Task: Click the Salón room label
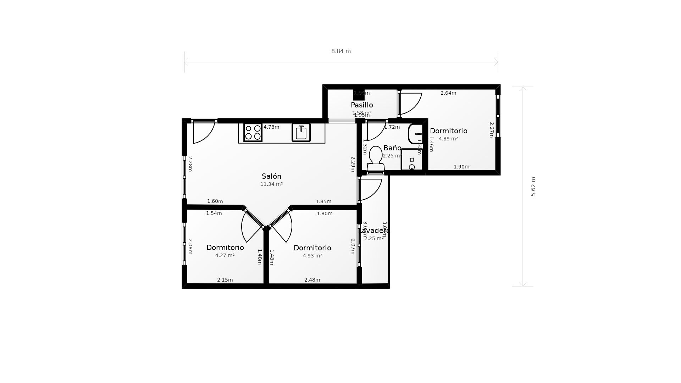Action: [x=271, y=176]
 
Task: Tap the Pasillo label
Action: [x=362, y=105]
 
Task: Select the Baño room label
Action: [x=392, y=148]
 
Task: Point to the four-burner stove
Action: [x=253, y=133]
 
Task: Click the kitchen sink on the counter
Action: [x=301, y=133]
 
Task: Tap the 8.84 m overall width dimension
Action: [x=341, y=51]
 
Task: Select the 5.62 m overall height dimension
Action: [x=533, y=187]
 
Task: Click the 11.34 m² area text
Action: [x=271, y=184]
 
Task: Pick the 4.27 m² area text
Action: [x=225, y=255]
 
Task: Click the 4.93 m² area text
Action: [x=312, y=256]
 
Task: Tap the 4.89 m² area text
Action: [x=448, y=139]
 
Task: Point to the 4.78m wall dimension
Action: [x=271, y=127]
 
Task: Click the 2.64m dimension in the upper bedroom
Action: [x=448, y=93]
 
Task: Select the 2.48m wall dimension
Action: [x=312, y=280]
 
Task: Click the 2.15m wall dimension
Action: [x=225, y=280]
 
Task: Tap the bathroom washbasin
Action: [x=415, y=134]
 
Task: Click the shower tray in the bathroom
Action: [x=412, y=160]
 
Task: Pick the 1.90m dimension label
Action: [x=461, y=167]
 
